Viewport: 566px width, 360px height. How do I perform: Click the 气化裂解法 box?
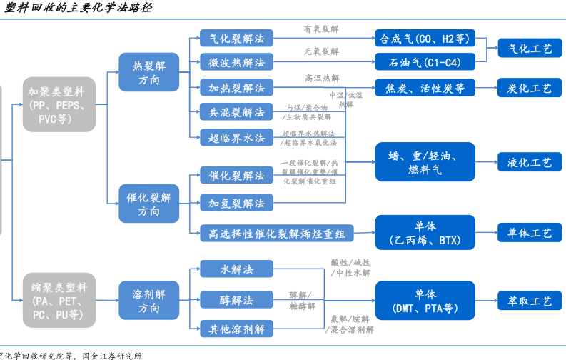[236, 38]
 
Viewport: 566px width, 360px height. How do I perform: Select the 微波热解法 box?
[236, 63]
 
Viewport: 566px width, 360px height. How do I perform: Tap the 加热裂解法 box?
[236, 88]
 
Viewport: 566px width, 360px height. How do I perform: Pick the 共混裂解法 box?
[236, 113]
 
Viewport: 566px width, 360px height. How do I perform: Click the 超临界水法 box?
[236, 138]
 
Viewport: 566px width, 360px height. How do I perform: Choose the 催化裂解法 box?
[236, 176]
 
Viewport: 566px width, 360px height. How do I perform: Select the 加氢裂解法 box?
[236, 204]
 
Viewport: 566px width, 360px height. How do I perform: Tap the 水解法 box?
[236, 269]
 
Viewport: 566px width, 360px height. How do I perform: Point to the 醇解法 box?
[236, 301]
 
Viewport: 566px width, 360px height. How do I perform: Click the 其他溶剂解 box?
[236, 329]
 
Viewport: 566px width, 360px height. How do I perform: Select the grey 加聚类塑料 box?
[59, 104]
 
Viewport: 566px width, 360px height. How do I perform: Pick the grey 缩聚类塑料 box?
[59, 299]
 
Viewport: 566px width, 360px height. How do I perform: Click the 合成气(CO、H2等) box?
[425, 38]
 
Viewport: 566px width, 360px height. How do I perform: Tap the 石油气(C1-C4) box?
[425, 63]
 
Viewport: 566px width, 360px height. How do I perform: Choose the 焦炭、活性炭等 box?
[425, 88]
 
